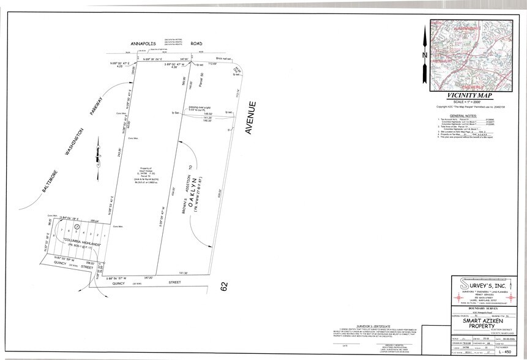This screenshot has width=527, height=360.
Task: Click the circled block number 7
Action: coord(77,228)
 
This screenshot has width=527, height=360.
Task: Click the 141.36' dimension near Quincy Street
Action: coord(182,273)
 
